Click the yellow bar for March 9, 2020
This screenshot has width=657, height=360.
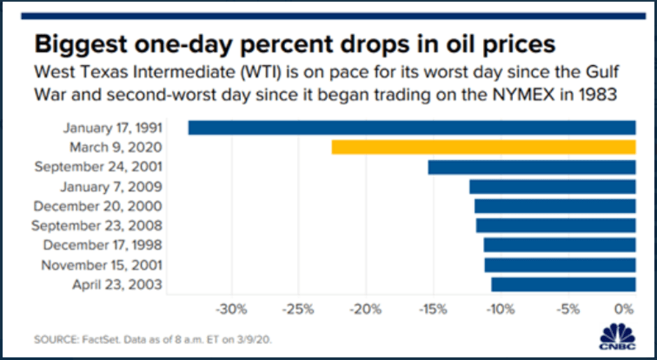484,147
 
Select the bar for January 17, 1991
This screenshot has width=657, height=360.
412,128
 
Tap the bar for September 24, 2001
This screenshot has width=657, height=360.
532,167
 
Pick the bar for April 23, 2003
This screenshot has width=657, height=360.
563,285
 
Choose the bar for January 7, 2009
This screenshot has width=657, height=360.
552,187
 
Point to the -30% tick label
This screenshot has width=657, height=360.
231,310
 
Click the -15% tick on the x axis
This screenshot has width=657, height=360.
433,310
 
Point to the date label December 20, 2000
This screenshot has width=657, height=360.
99,206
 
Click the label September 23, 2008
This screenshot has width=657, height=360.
97,226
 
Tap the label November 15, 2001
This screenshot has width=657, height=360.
102,265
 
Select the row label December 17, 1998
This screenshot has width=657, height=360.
103,245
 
